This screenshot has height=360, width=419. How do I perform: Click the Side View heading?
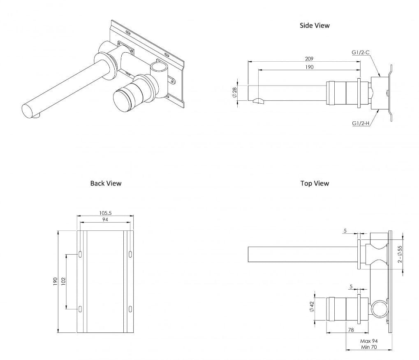(x=315, y=26)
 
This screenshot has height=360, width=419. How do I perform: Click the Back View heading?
(x=106, y=183)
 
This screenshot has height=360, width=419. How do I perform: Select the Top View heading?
(x=315, y=183)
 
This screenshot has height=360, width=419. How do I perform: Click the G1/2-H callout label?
(x=361, y=123)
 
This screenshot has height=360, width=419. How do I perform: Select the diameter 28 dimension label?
(x=234, y=93)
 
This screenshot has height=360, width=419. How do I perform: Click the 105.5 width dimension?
(x=106, y=213)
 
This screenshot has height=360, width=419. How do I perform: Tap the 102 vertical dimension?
(x=63, y=282)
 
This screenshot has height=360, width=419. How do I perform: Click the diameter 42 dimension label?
(x=312, y=306)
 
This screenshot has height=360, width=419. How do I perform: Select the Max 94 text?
(x=369, y=341)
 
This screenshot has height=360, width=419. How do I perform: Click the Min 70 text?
(x=369, y=348)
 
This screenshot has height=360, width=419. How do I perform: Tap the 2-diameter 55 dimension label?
(x=400, y=255)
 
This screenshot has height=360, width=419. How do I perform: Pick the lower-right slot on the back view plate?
(x=130, y=308)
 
